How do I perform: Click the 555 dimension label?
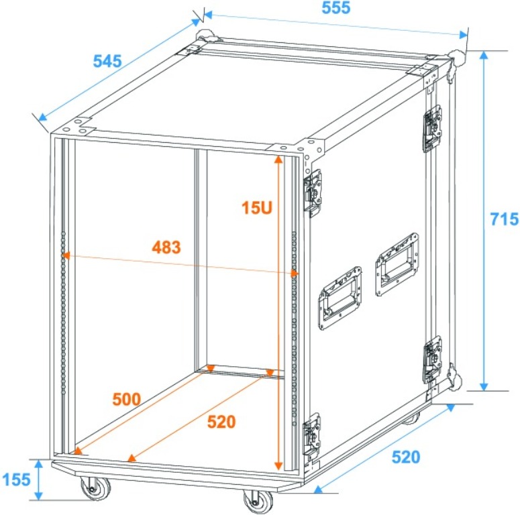pos(336,8)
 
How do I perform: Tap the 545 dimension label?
pos(107,61)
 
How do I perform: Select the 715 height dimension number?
pos(504,219)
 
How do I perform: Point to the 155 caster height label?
pos(16,479)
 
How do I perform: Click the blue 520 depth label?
pos(406,457)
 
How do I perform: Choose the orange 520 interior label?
pos(221,422)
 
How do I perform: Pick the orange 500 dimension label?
pos(127,400)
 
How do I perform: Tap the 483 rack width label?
pos(166,247)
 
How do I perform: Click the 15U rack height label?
pos(257,208)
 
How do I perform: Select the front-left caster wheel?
pos(95,488)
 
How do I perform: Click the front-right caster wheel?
pos(258,501)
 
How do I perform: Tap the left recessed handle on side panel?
pos(340,298)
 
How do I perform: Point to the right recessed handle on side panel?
pos(397,264)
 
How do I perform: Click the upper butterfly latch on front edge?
pos(313,193)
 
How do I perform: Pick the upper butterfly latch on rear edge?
pos(433,129)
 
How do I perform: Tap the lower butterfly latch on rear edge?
pos(433,359)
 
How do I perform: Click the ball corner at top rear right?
pos(456,58)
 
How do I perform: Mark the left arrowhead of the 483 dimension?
pos(66,255)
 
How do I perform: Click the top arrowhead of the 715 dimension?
pos(484,55)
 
